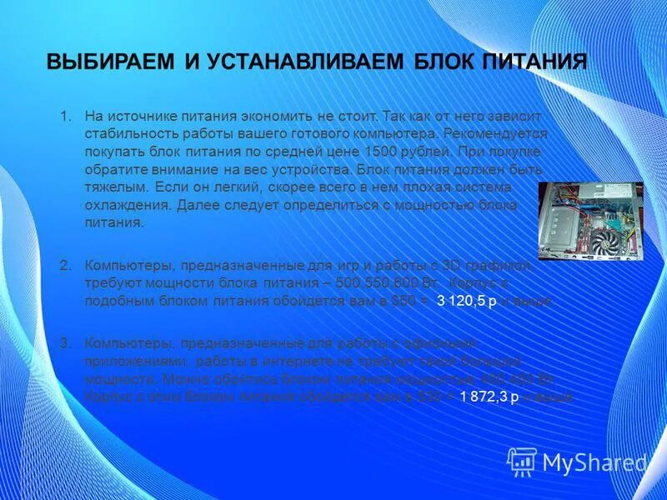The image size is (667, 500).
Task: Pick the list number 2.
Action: [x=66, y=265]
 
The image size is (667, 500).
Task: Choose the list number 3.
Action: [x=66, y=342]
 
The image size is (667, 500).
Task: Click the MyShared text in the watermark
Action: [x=594, y=462]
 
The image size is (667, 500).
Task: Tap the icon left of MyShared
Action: [x=522, y=461]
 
